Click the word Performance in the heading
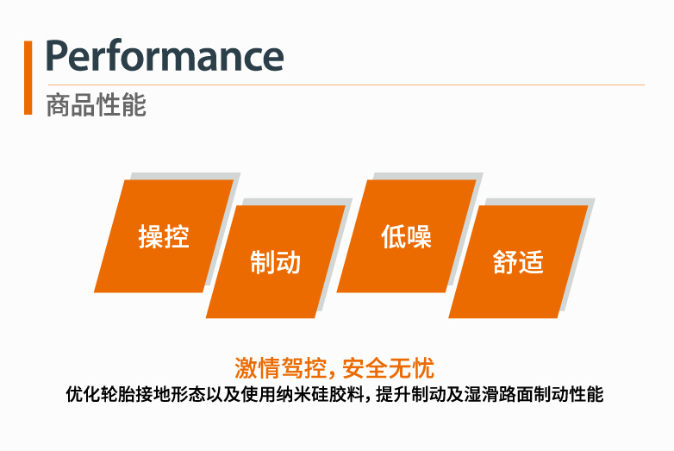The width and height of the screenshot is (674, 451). tap(165, 55)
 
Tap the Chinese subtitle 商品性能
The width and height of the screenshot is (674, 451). tap(96, 104)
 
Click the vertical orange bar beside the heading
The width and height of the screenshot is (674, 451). tap(28, 78)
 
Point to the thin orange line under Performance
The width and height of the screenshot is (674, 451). tap(346, 85)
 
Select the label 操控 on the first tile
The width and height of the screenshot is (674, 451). tap(164, 236)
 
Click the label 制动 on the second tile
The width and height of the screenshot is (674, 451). tap(275, 262)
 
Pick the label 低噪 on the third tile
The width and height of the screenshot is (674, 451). tap(406, 236)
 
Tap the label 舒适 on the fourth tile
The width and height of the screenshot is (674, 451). tap(518, 262)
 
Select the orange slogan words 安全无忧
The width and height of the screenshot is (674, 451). tap(388, 368)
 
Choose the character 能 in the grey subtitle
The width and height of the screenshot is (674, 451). tap(134, 104)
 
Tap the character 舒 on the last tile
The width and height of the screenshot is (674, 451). tap(505, 262)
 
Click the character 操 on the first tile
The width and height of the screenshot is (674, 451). tap(151, 236)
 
